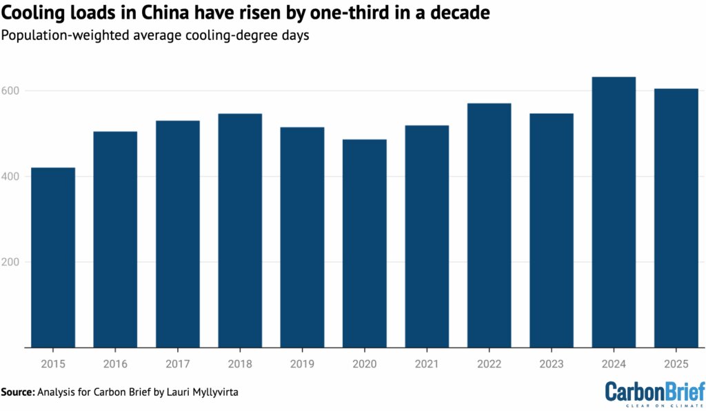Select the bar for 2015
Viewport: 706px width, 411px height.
[x=53, y=257]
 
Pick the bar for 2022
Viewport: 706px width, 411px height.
[x=489, y=225]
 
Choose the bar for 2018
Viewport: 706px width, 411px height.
[x=240, y=230]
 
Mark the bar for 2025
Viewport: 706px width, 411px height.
[x=676, y=218]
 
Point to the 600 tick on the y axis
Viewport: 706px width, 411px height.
[x=12, y=91]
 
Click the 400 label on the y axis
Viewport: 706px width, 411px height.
[x=12, y=177]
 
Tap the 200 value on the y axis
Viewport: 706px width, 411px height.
[x=12, y=262]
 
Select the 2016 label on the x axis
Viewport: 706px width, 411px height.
[x=115, y=363]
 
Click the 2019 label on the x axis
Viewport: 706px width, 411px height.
[x=302, y=363]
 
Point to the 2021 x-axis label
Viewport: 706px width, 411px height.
[x=427, y=363]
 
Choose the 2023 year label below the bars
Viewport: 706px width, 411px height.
[x=552, y=363]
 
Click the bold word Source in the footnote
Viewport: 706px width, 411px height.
[x=17, y=392]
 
